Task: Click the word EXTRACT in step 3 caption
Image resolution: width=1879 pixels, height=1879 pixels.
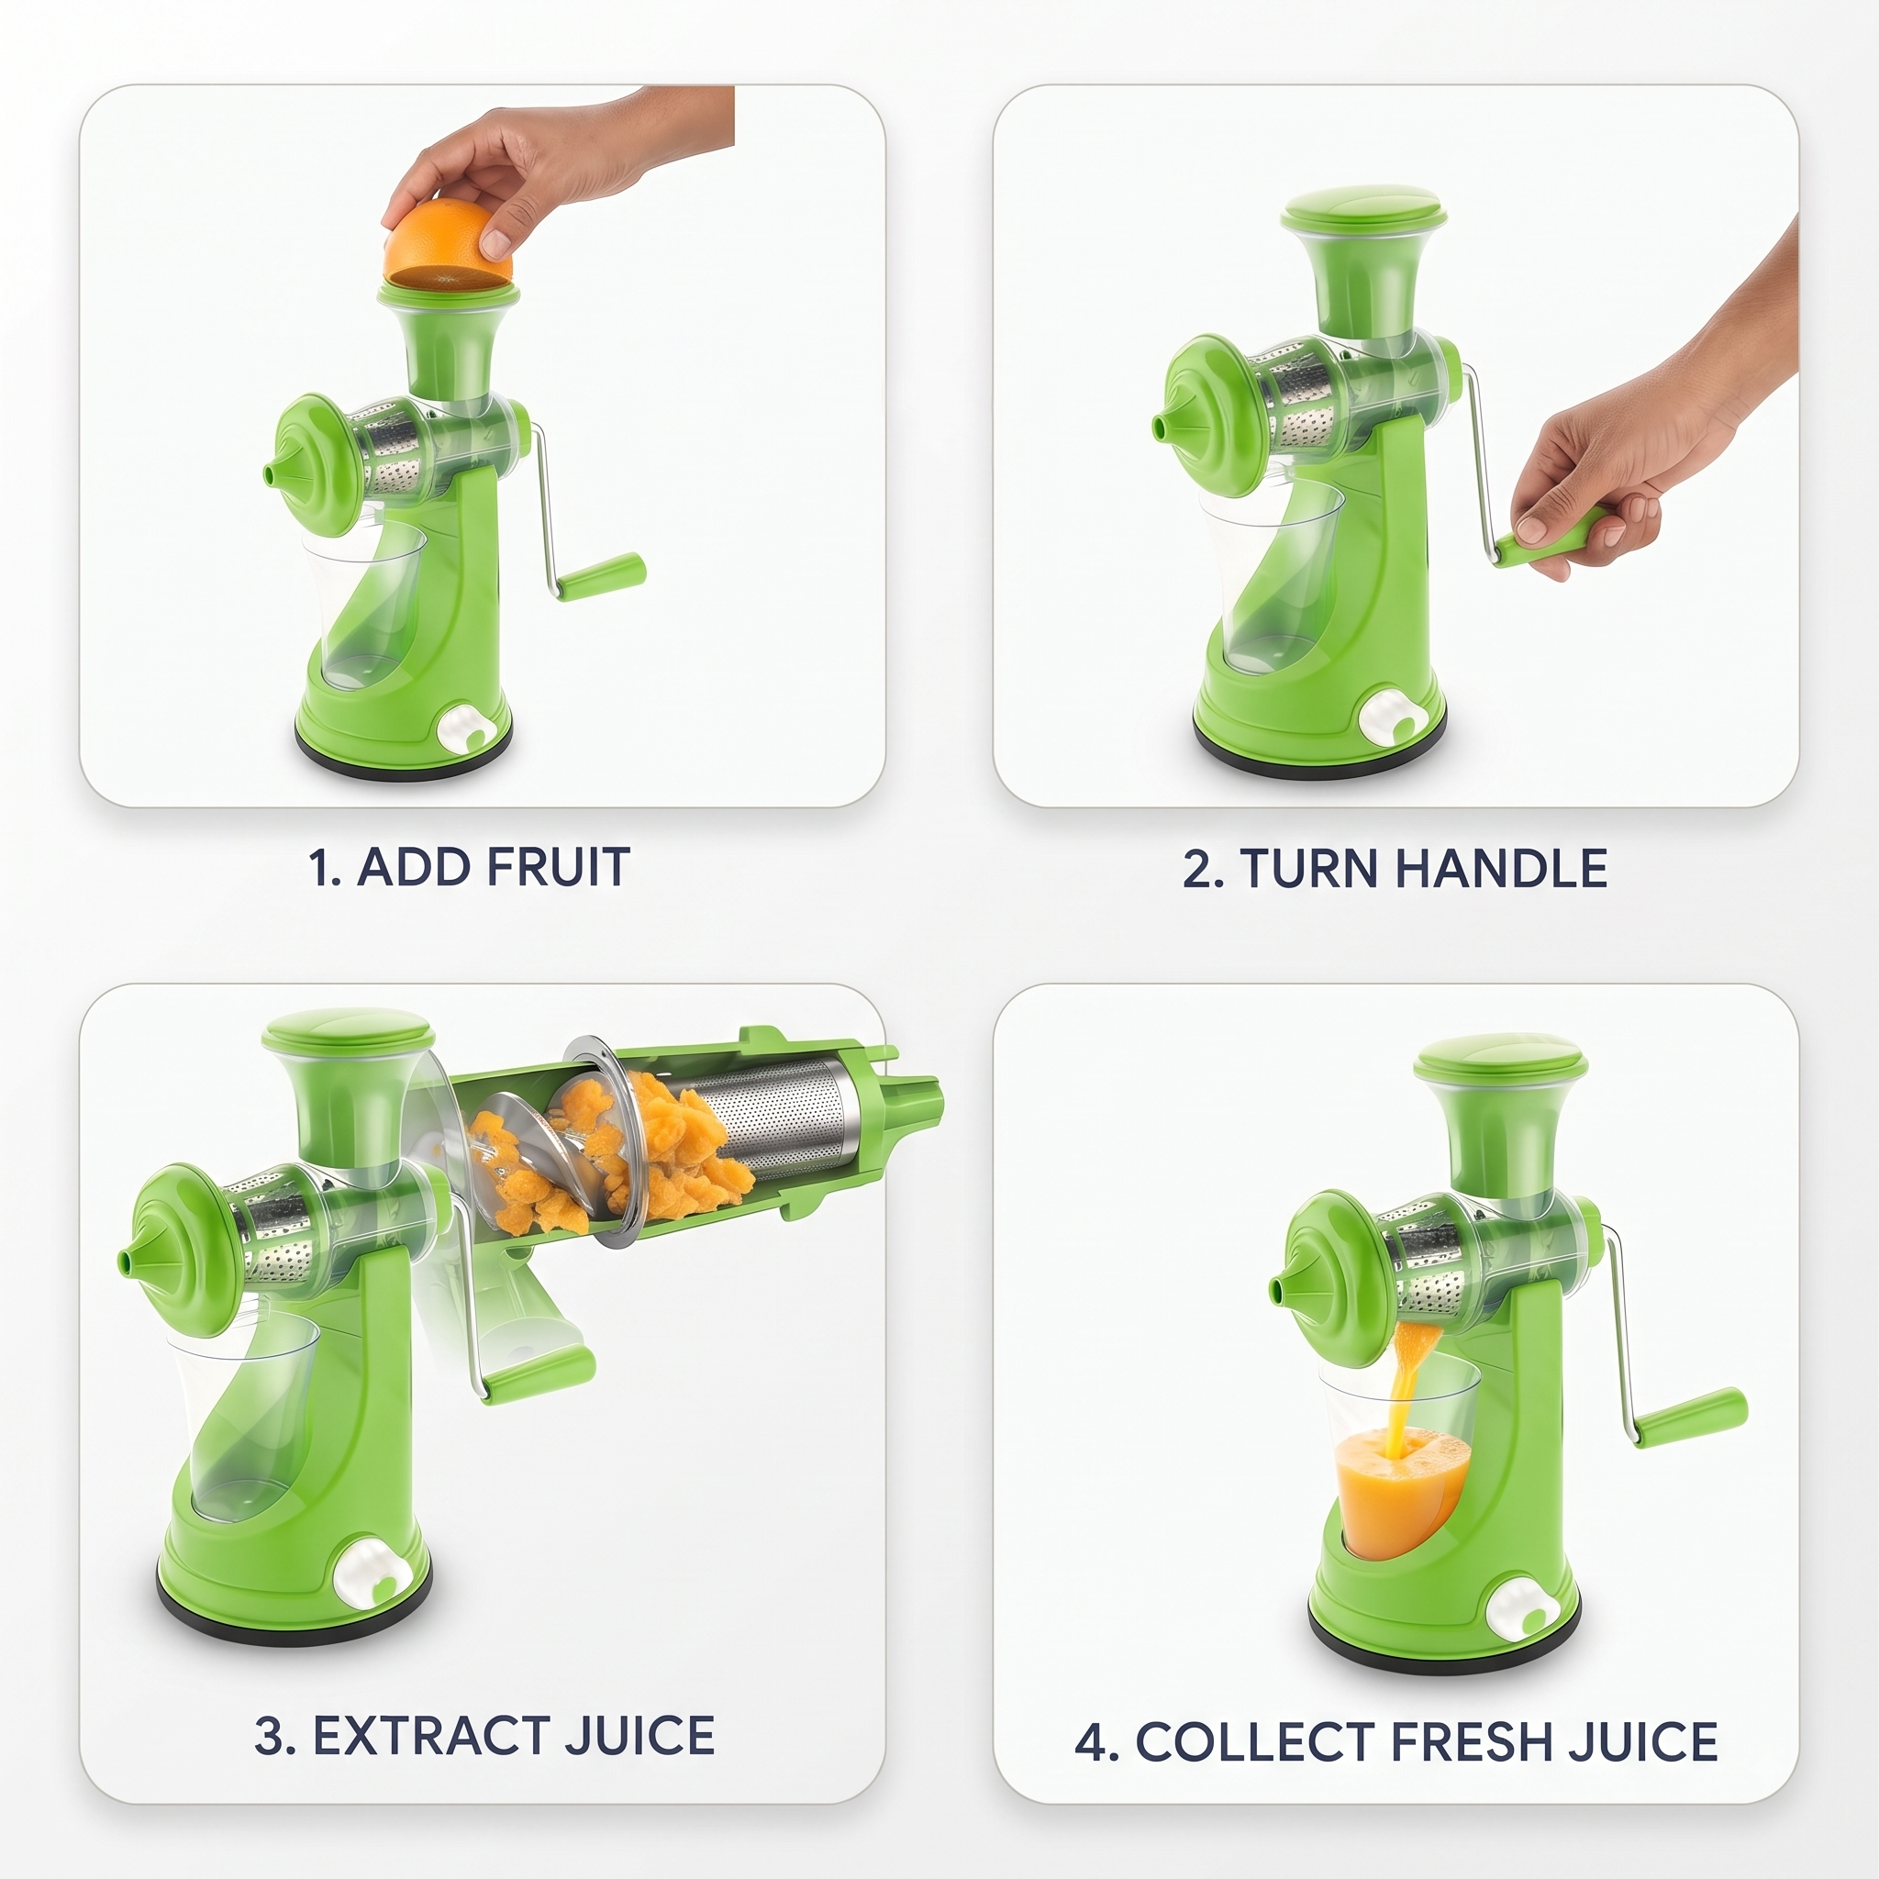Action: point(432,1736)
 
